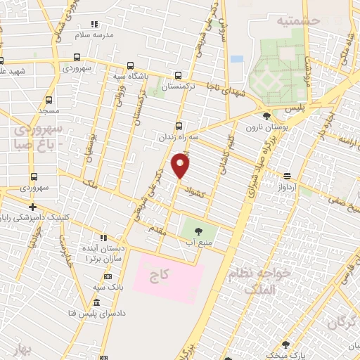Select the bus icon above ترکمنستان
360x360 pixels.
[178, 75]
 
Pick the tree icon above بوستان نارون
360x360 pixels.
[266, 116]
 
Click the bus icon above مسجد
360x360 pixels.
[49, 100]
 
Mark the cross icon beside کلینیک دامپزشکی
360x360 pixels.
[32, 207]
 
